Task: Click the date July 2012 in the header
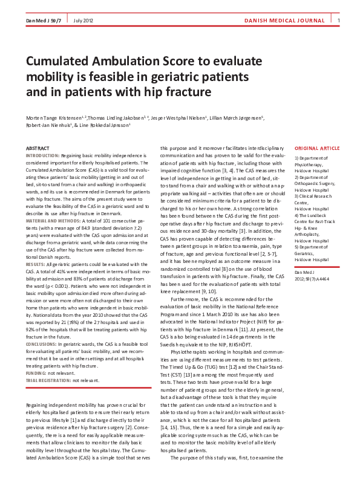pyautogui.click(x=82, y=22)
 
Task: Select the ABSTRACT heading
pyautogui.click(x=38, y=148)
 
